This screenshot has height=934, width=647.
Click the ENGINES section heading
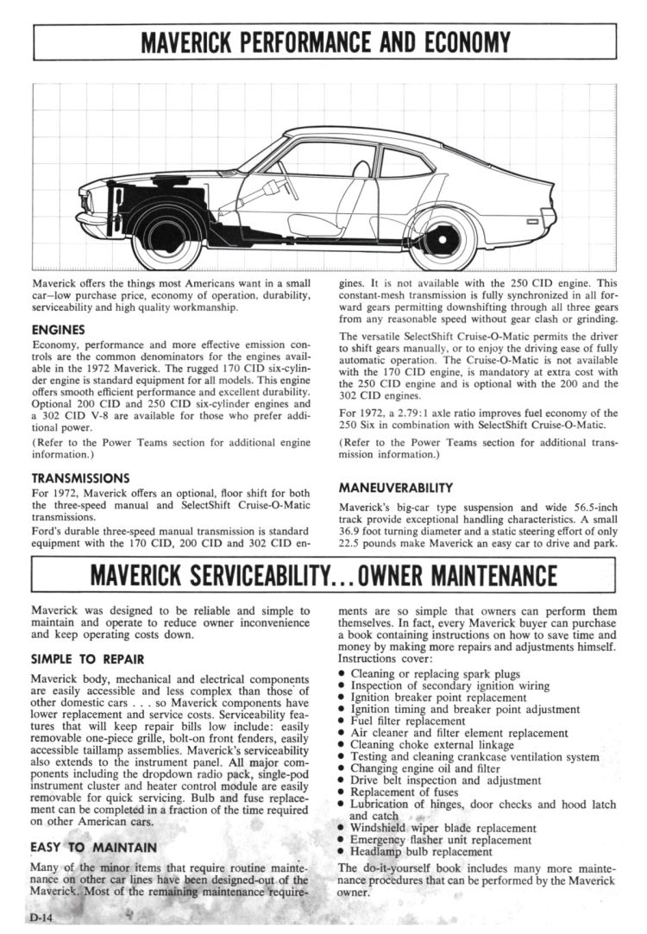(x=58, y=330)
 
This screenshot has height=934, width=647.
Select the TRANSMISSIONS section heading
(x=80, y=477)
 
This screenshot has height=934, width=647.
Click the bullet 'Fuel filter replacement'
(x=407, y=721)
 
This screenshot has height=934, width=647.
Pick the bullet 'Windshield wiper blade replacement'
(x=443, y=827)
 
